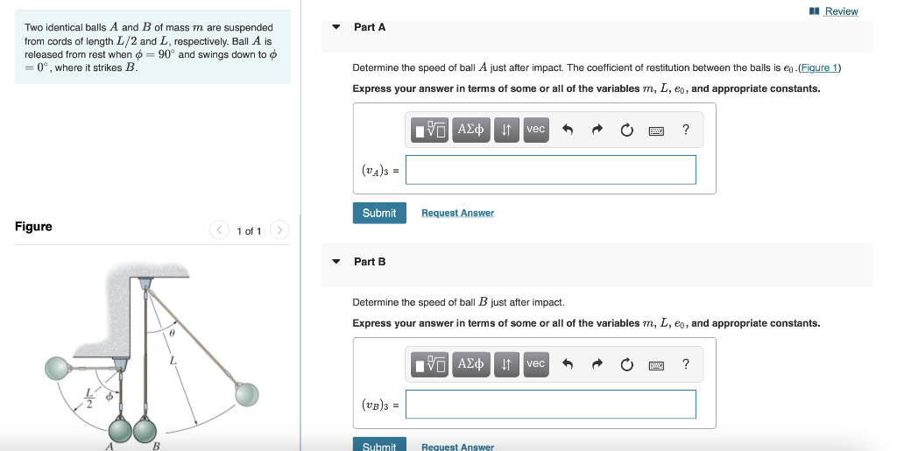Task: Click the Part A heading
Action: point(370,27)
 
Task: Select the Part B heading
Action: point(370,262)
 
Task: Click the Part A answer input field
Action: point(551,170)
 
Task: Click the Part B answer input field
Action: point(551,405)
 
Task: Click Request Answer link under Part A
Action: point(457,213)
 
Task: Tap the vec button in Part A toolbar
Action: point(536,130)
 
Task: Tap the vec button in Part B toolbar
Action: point(536,364)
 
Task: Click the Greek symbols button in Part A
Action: point(471,130)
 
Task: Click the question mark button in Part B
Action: point(685,364)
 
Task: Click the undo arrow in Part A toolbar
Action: point(568,130)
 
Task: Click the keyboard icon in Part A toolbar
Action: point(655,130)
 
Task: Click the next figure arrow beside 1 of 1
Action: point(279,230)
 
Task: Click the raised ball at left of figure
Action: point(58,370)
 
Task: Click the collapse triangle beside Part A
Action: point(336,27)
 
